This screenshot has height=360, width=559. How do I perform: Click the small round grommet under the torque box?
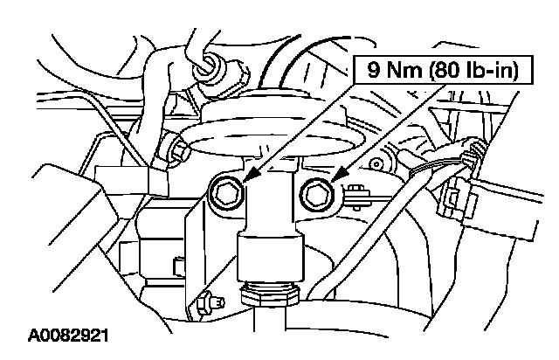(377, 162)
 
